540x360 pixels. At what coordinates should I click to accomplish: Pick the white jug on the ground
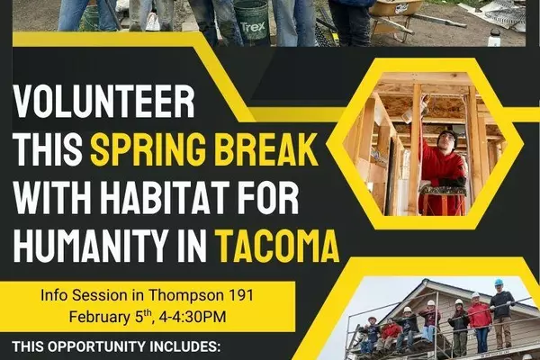point(494,38)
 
